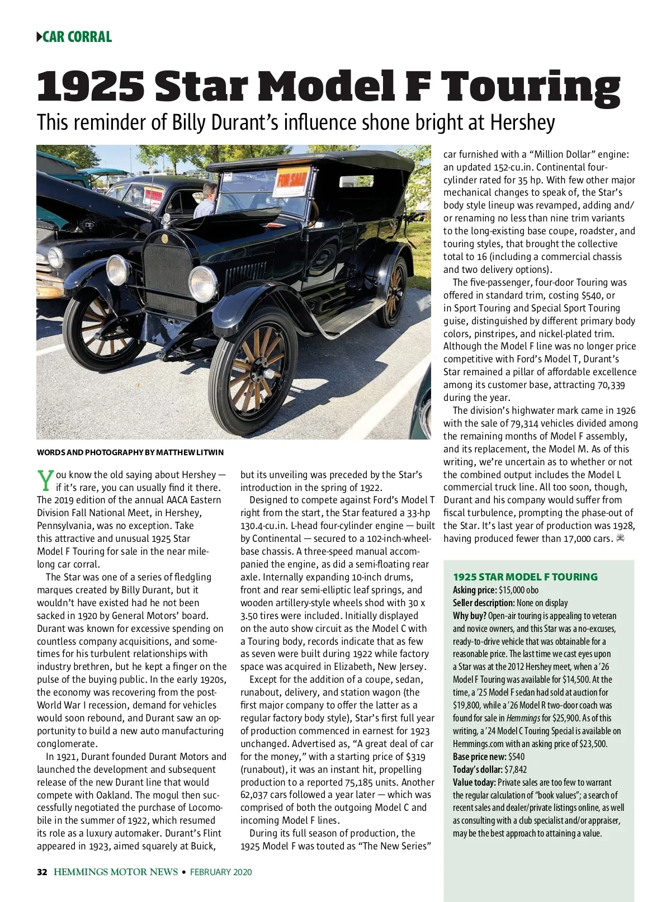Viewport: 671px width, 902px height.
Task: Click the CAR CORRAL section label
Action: (77, 37)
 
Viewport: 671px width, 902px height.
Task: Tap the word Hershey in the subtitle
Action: (522, 122)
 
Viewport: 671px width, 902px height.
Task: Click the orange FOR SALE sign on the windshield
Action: (292, 181)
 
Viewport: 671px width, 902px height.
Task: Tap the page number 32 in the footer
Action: (42, 872)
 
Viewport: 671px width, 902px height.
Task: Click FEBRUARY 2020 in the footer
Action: (221, 872)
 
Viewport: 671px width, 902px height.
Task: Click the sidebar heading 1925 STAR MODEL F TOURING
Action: (525, 577)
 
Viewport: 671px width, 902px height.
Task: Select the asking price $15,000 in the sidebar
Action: (512, 590)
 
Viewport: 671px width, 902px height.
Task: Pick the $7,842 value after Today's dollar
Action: (517, 769)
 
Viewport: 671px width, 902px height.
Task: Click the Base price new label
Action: (479, 757)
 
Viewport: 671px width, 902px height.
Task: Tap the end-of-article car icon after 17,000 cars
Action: (620, 539)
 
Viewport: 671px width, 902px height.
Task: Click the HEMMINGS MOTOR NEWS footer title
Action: (116, 872)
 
